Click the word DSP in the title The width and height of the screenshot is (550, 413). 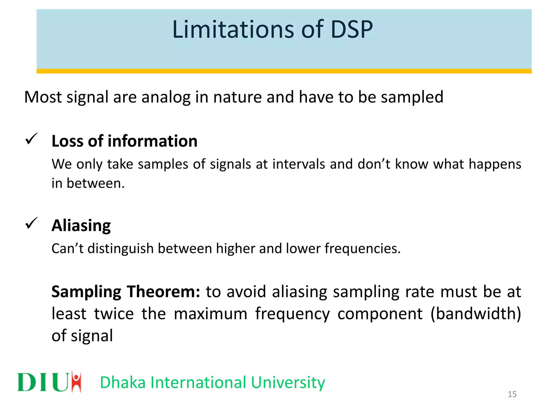point(352,29)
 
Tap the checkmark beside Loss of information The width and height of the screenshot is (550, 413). point(31,139)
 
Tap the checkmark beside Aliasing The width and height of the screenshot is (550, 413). point(31,223)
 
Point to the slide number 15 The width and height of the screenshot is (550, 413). point(512,394)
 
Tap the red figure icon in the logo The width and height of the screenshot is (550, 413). point(77,382)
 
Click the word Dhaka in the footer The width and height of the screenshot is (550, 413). point(122,382)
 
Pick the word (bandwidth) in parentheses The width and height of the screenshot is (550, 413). point(476,314)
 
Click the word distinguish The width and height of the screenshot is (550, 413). point(121,248)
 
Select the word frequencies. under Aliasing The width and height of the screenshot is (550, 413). point(363,248)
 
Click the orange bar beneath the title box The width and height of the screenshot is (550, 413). point(284,71)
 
